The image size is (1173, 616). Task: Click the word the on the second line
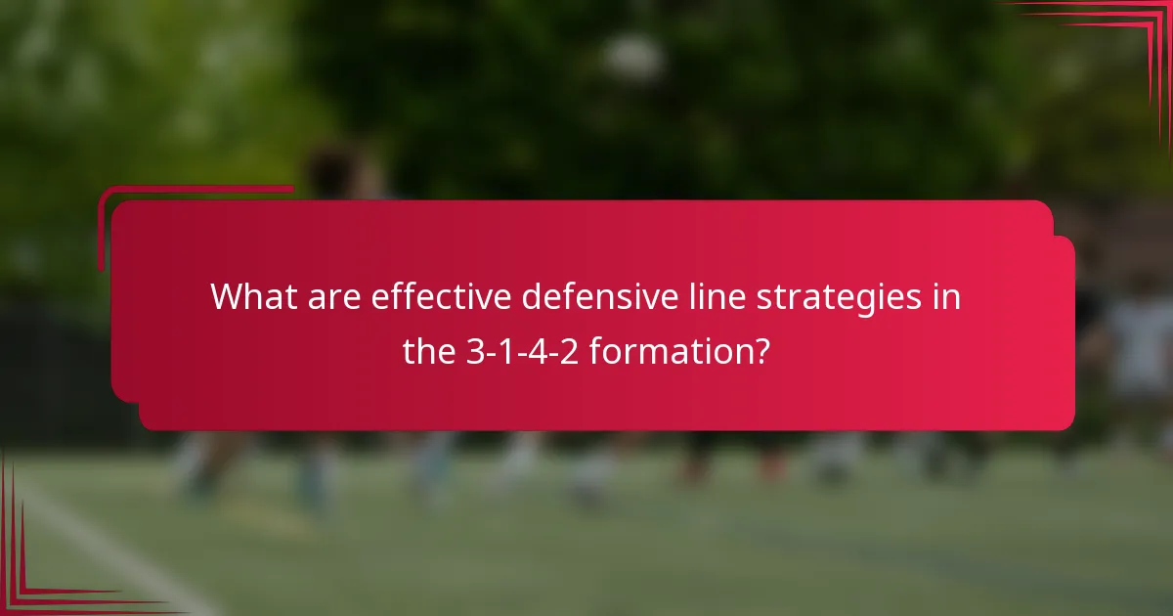428,351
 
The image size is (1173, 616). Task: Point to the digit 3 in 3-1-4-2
473,351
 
